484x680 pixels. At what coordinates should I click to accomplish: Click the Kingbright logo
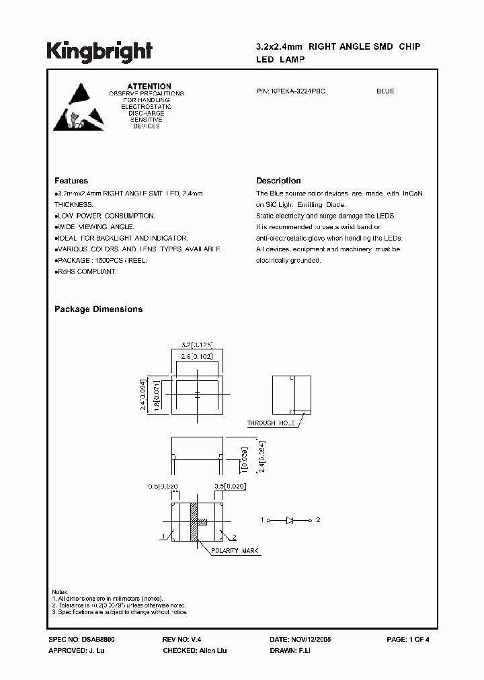click(x=99, y=52)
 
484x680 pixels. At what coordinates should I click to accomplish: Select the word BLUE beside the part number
click(x=385, y=91)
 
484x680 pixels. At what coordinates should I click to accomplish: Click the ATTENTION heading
click(x=149, y=87)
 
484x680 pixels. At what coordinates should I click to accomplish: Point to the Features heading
click(x=71, y=181)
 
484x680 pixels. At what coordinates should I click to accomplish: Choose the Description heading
click(x=278, y=181)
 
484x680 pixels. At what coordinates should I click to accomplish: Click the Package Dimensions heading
click(x=98, y=309)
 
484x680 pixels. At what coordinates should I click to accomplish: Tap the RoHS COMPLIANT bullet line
click(x=86, y=271)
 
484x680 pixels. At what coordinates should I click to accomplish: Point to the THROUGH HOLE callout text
click(x=271, y=423)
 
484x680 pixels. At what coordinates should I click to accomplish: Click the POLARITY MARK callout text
click(x=235, y=551)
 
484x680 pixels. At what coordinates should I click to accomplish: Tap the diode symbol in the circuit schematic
click(x=290, y=520)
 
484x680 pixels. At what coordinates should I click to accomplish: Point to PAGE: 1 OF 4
click(x=408, y=640)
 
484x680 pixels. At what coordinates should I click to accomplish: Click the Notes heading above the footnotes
click(x=60, y=592)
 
